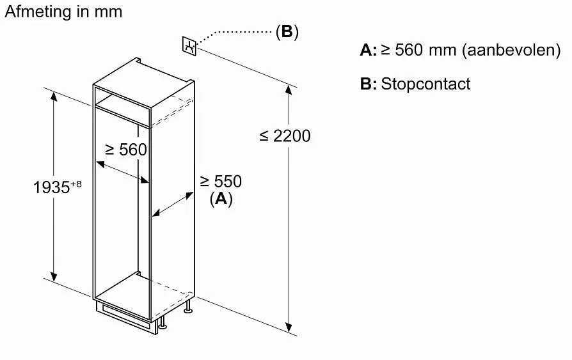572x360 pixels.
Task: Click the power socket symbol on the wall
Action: point(189,45)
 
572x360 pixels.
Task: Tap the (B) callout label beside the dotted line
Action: point(287,31)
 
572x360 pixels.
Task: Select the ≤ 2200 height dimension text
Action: point(285,136)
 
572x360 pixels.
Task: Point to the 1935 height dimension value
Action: point(51,188)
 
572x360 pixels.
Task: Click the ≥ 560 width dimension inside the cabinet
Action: point(126,150)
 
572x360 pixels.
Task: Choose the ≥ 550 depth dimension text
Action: point(221,182)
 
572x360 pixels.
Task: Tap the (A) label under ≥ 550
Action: point(221,199)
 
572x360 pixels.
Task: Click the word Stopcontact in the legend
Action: point(425,84)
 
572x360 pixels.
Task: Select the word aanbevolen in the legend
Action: point(511,50)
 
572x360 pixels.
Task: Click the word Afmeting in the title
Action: point(34,12)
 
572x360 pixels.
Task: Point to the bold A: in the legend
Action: point(368,50)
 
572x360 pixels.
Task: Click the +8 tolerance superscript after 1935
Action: point(76,184)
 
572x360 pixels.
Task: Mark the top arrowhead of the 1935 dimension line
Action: point(54,95)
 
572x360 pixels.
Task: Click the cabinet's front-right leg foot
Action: point(163,326)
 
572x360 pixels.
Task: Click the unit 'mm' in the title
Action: point(107,12)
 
